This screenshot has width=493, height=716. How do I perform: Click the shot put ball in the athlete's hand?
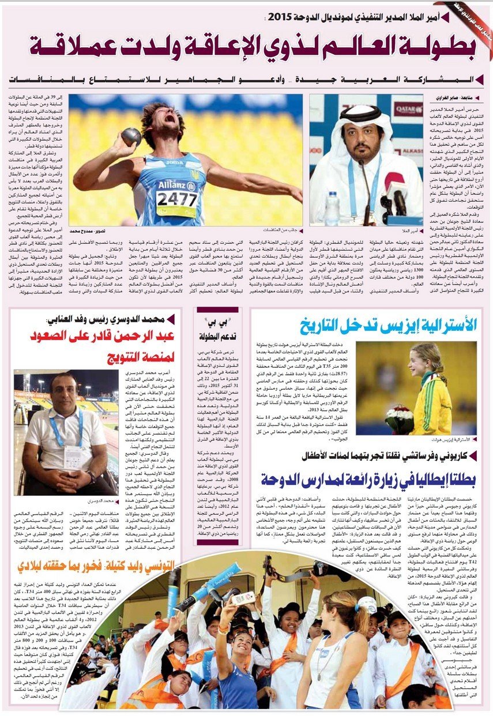click(x=132, y=137)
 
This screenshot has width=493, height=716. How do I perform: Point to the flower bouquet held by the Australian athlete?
click(x=399, y=417)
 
